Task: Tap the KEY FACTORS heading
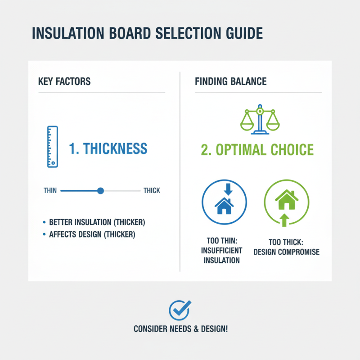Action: point(64,81)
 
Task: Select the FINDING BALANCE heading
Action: point(230,81)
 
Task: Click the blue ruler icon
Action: point(52,146)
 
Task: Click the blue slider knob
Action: point(100,190)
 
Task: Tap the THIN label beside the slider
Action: point(50,190)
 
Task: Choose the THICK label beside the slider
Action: point(152,190)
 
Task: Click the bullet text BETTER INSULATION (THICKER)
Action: point(97,223)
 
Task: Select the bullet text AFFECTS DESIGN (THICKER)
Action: point(92,234)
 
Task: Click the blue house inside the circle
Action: point(225,206)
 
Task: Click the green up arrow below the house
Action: point(284,220)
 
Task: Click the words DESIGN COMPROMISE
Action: point(286,252)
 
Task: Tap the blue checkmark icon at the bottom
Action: point(180,310)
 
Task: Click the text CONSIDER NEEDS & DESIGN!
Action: point(180,329)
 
